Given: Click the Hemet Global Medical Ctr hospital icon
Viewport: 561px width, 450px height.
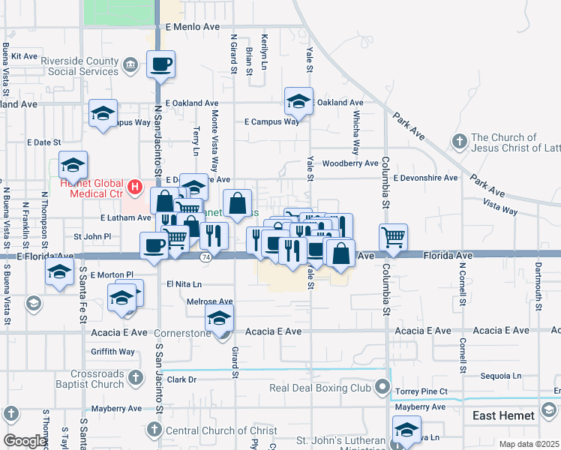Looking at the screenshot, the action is (x=134, y=186).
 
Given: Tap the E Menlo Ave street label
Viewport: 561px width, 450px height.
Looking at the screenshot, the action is (x=193, y=26).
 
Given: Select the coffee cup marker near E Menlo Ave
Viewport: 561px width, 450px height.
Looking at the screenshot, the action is (x=160, y=64).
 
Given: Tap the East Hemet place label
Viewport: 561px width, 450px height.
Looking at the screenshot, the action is (x=504, y=415).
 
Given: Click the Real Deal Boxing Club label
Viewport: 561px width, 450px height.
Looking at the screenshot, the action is (x=321, y=388).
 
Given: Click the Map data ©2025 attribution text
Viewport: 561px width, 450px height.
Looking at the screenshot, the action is (x=529, y=444).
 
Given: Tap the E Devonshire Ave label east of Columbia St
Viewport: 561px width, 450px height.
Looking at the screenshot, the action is (x=425, y=178).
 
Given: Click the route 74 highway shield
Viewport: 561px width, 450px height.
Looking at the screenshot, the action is (x=205, y=257).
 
